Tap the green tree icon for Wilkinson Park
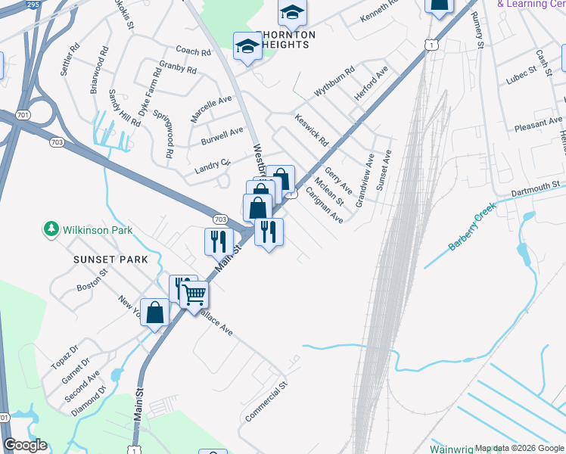pyautogui.click(x=51, y=229)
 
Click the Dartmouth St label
pyautogui.click(x=535, y=185)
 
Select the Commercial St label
pyautogui.click(x=266, y=402)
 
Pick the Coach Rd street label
pyautogui.click(x=193, y=51)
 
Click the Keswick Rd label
pyautogui.click(x=312, y=129)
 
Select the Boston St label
pyautogui.click(x=94, y=288)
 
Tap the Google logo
pyautogui.click(x=25, y=445)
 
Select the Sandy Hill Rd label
pyautogui.click(x=124, y=107)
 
